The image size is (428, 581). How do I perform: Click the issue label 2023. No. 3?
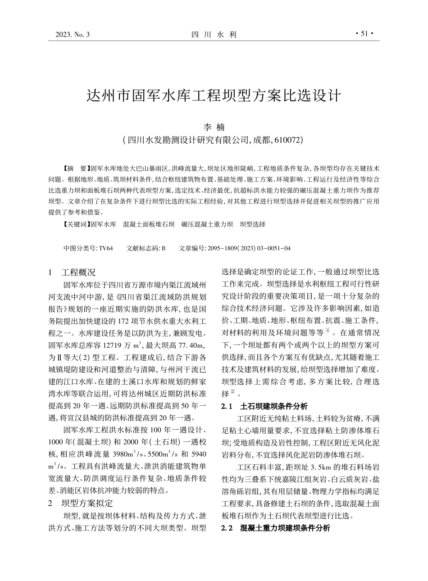[72, 34]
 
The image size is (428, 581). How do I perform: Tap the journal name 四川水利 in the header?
[214, 34]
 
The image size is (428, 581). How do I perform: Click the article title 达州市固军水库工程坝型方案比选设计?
[214, 96]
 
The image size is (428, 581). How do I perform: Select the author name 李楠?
[214, 127]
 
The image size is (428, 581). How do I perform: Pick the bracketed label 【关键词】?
[77, 224]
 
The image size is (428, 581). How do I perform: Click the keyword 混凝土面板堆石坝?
[149, 224]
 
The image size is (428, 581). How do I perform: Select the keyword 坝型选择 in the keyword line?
[253, 224]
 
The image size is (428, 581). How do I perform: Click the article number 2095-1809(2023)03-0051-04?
[248, 248]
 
